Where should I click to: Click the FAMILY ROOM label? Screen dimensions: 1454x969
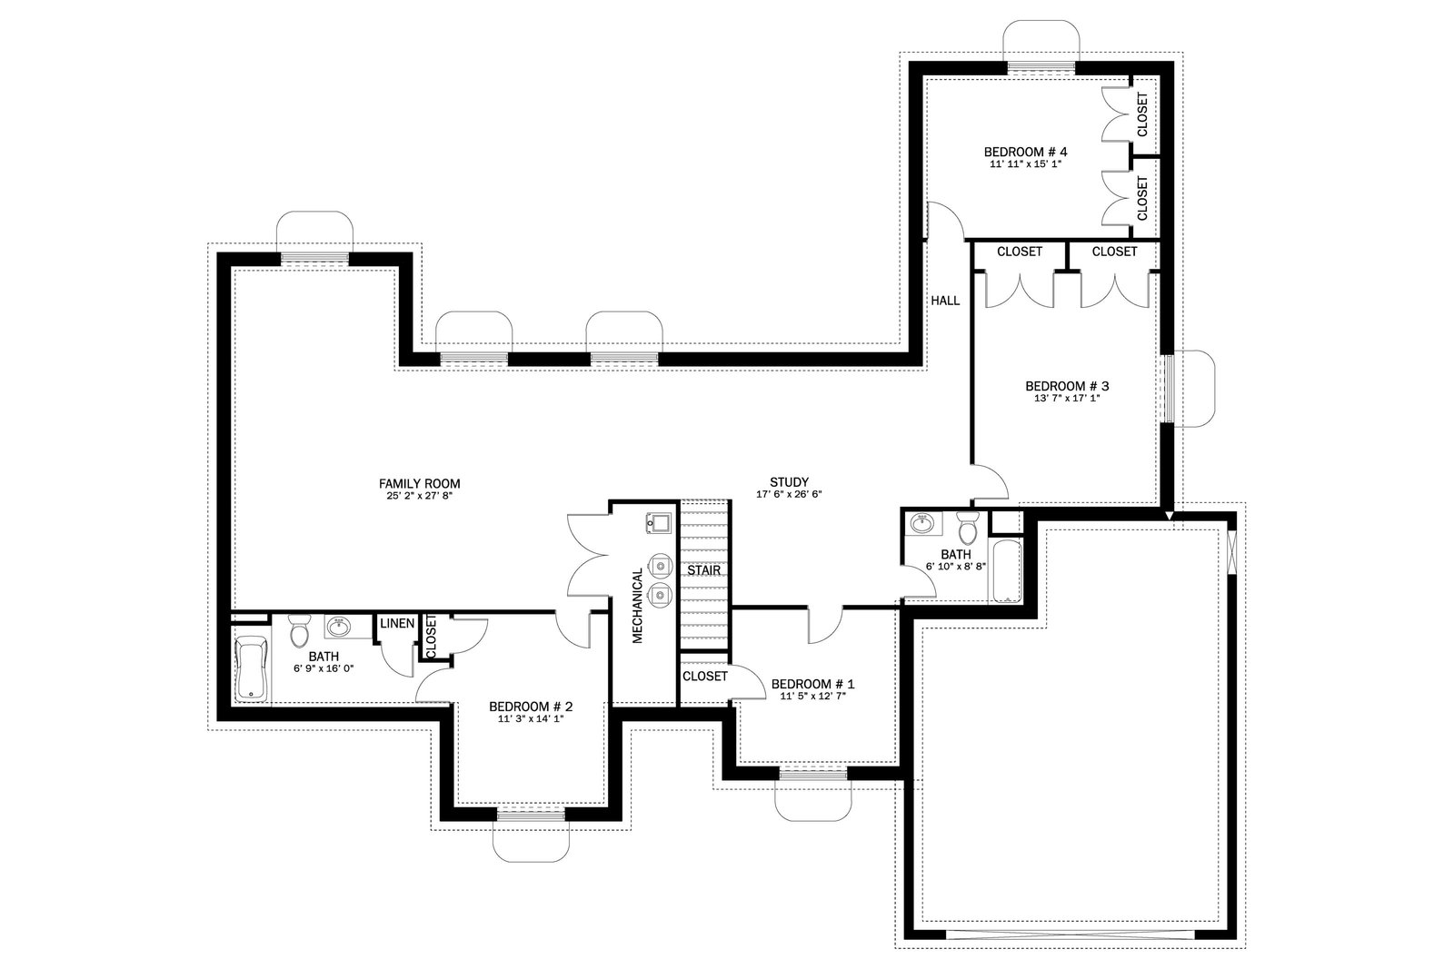tap(419, 484)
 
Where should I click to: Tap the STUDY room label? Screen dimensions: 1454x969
tap(790, 482)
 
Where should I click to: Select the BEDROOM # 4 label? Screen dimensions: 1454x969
tap(1026, 152)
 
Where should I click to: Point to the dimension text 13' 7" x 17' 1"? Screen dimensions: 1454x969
tap(1067, 399)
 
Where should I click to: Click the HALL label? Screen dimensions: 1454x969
tap(945, 301)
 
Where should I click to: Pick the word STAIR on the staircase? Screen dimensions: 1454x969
tap(704, 570)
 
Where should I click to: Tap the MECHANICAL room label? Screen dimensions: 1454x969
tap(637, 606)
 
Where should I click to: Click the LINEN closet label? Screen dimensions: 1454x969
tap(397, 623)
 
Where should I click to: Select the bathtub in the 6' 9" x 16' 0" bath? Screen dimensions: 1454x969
tap(251, 668)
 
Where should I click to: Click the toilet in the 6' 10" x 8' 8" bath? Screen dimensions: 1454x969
tap(968, 528)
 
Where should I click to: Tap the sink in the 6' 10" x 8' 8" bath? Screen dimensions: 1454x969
tap(921, 522)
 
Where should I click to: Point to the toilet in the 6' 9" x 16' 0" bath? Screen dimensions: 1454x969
tap(300, 630)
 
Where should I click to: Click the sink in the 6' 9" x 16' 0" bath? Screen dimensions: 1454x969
tap(338, 628)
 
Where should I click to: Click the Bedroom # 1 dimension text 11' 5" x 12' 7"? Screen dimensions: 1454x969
tap(812, 696)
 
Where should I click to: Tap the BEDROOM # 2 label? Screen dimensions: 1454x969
tap(531, 707)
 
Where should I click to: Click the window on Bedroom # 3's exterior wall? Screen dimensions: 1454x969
tap(1167, 389)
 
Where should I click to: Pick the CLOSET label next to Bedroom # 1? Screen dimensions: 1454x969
tap(705, 677)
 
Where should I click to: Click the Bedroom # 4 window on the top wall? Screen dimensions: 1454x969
tap(1041, 68)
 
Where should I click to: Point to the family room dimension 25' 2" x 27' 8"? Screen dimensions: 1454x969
tap(419, 496)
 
